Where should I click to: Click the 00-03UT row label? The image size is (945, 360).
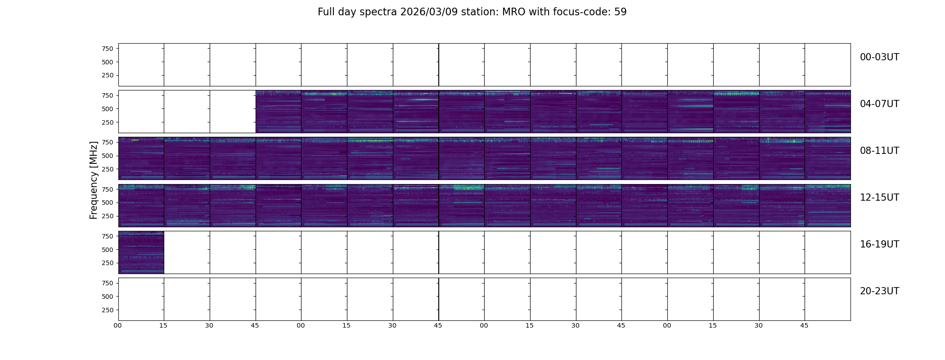(x=879, y=57)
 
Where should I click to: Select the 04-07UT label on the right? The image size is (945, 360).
(x=879, y=104)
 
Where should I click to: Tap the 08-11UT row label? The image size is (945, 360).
(x=879, y=151)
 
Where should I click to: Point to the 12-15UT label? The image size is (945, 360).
(x=879, y=198)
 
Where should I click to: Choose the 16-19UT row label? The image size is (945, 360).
(x=879, y=244)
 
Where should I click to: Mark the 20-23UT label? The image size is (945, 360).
(x=879, y=291)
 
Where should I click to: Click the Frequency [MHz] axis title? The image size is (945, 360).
(x=94, y=180)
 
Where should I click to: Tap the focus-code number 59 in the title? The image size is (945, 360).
(x=621, y=12)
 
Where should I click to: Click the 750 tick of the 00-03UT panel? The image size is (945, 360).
(x=108, y=49)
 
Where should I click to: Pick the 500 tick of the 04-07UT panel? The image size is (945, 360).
(x=108, y=109)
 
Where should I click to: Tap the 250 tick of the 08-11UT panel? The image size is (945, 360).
(x=108, y=169)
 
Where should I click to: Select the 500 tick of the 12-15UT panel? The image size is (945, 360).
(x=108, y=202)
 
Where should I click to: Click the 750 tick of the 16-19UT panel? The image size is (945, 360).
(x=108, y=236)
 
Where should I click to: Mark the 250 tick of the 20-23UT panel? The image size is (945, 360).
(x=108, y=310)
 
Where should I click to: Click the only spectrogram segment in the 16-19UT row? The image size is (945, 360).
(x=141, y=252)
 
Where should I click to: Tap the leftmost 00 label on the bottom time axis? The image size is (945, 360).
(x=117, y=325)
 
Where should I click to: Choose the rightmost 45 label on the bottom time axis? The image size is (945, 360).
(x=804, y=325)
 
